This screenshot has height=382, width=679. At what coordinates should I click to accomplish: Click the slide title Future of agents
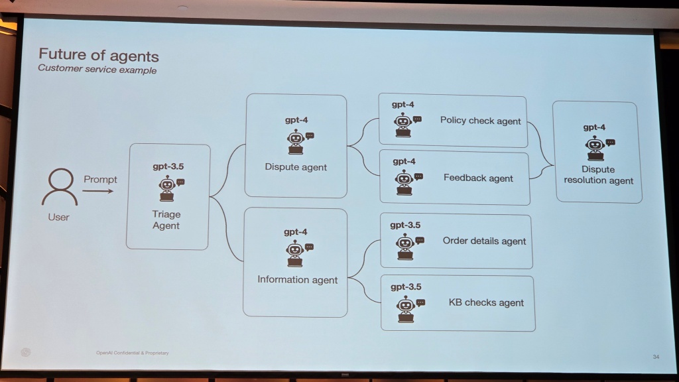98,54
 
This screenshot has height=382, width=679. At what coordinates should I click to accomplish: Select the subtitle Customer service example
97,69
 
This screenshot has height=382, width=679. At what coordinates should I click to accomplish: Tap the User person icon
59,187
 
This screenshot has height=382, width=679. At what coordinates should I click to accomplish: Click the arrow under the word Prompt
98,192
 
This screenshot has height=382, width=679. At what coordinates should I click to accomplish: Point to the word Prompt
100,179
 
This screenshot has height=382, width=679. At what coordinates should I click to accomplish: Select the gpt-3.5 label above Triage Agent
168,166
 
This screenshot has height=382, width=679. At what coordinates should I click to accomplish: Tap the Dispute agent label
296,167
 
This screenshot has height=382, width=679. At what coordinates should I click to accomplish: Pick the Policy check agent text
480,121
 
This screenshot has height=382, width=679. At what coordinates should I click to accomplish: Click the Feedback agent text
478,178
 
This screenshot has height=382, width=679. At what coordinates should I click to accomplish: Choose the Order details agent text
484,241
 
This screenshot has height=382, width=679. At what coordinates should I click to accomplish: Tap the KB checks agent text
486,302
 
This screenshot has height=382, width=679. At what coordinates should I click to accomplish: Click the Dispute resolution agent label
598,174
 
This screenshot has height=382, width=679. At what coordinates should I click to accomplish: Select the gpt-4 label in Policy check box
403,104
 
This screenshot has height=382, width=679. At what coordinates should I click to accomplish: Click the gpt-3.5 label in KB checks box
406,286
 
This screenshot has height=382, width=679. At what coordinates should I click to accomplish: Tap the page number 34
656,357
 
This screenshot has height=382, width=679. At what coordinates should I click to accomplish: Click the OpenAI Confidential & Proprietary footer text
132,353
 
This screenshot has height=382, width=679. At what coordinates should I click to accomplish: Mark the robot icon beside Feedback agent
404,181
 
